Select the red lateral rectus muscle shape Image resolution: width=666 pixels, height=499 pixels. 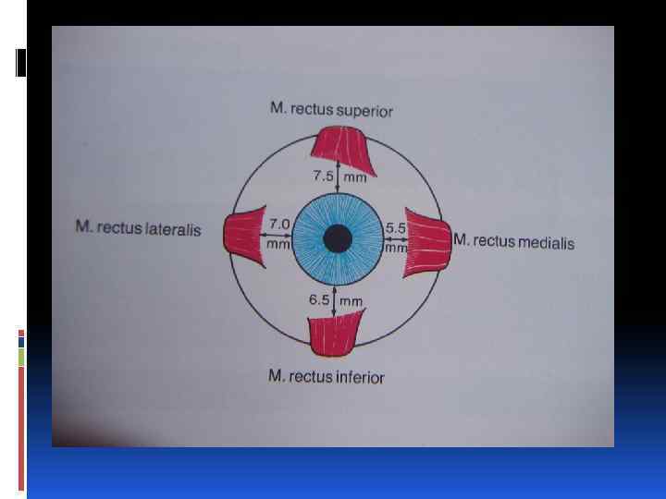(242, 234)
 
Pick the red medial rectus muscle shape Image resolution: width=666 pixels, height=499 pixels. (428, 244)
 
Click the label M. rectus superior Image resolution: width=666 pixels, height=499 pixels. (331, 110)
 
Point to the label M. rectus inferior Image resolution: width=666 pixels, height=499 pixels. (326, 376)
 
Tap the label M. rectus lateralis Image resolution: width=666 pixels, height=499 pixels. (138, 228)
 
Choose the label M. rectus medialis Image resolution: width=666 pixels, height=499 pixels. (513, 242)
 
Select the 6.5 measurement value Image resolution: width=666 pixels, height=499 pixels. (320, 299)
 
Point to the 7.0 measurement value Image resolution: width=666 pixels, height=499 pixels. (278, 224)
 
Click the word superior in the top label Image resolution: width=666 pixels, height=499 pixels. (364, 111)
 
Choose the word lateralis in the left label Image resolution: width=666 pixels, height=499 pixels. (173, 228)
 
